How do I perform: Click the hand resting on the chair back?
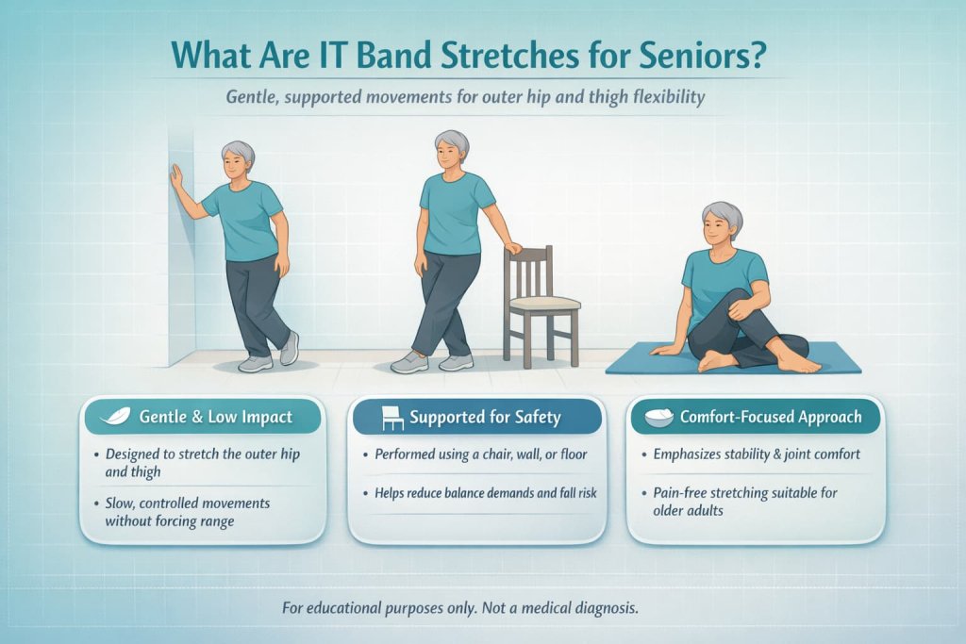(x=512, y=249)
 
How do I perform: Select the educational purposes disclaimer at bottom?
(x=460, y=608)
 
